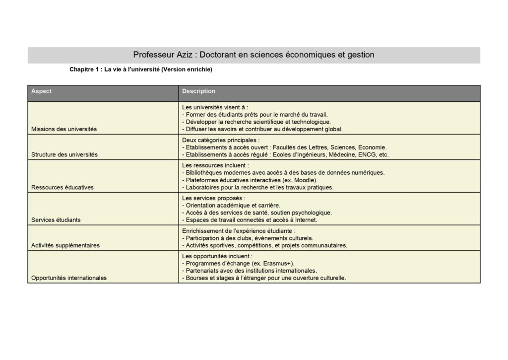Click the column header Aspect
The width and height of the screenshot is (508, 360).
pos(41,91)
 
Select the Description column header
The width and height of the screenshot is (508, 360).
pos(198,91)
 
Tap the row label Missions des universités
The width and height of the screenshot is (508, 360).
pos(64,129)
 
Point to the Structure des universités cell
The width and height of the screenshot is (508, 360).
pos(64,154)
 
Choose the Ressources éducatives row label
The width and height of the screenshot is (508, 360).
pos(63,187)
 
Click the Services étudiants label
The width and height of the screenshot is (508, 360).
pos(56,219)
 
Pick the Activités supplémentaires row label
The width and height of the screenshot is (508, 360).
pos(65,245)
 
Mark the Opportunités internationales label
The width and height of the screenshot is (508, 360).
pos(69,278)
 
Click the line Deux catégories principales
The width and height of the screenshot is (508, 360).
pos(221,140)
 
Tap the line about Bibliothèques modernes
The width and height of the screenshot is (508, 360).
pos(283,172)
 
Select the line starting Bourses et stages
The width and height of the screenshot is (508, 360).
pos(264,278)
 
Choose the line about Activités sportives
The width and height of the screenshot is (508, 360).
pos(264,245)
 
